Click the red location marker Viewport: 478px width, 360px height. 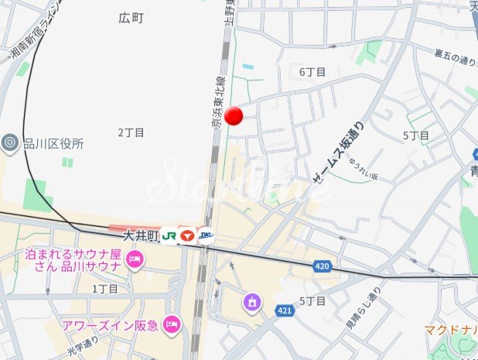234,116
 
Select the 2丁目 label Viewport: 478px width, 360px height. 131,132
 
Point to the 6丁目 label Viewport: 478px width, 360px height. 312,72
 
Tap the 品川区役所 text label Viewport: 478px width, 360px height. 53,143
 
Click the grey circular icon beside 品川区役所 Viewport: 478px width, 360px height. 10,142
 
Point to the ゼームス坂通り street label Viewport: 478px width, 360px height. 337,157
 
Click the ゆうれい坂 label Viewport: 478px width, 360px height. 363,170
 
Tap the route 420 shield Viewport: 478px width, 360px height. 323,266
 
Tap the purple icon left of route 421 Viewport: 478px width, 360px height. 251,301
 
